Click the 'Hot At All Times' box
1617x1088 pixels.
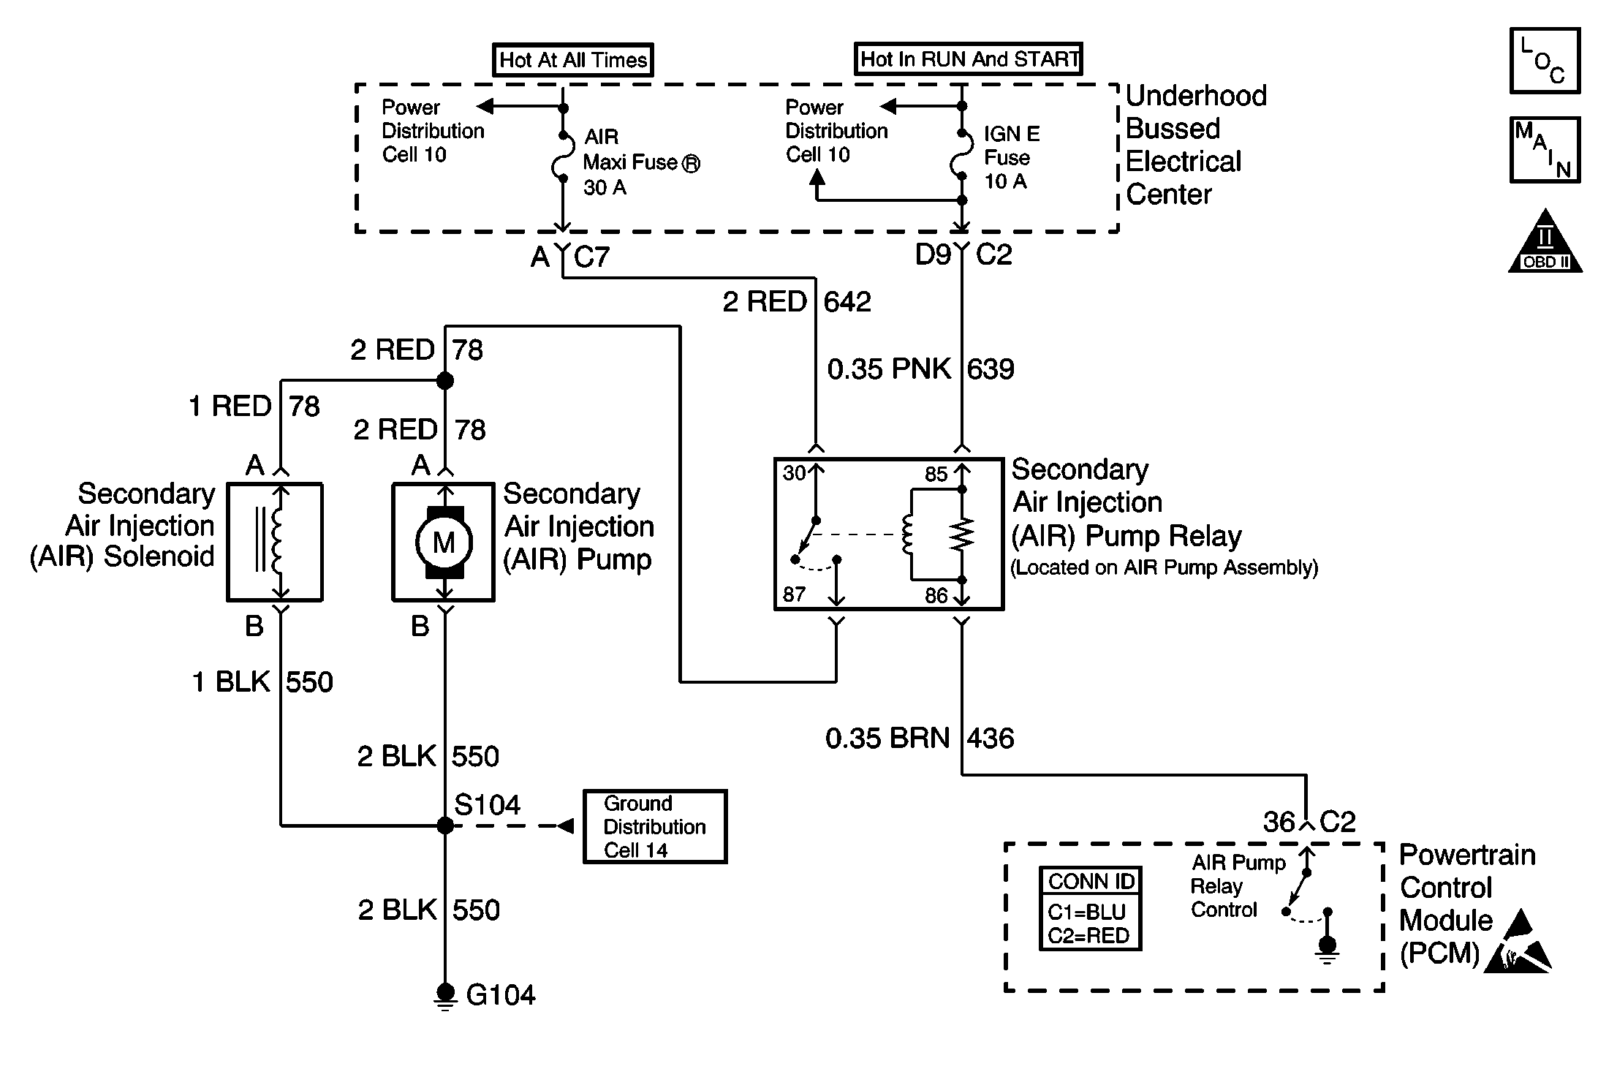tap(573, 60)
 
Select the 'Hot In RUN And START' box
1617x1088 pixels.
tap(969, 58)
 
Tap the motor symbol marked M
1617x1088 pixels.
tap(444, 543)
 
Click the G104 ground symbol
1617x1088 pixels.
tap(444, 996)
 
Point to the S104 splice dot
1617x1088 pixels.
tap(444, 826)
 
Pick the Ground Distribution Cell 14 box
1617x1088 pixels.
tap(655, 826)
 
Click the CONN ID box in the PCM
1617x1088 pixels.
tap(1090, 908)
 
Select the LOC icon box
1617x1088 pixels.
tap(1545, 61)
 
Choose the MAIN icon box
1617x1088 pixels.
tap(1545, 149)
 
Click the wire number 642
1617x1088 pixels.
tap(848, 302)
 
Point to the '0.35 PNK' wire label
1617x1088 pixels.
tap(889, 369)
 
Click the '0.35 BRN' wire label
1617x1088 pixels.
tap(887, 738)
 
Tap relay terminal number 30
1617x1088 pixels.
tap(794, 473)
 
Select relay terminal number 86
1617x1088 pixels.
tap(936, 596)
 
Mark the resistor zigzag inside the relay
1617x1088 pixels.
tap(962, 534)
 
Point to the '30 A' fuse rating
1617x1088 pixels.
tap(605, 188)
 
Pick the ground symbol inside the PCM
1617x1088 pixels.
tap(1327, 949)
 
